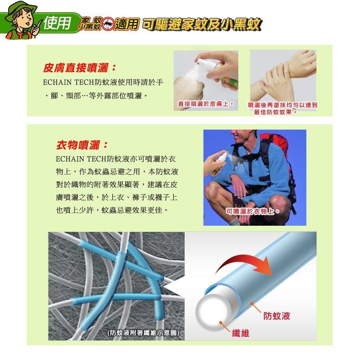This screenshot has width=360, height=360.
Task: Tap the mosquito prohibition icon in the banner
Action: [108, 24]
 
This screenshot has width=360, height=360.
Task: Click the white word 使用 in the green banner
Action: [57, 23]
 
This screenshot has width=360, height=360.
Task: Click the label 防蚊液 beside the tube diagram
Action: [276, 316]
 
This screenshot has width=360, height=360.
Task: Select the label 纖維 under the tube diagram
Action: [240, 333]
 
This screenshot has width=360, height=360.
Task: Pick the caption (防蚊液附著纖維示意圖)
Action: [143, 333]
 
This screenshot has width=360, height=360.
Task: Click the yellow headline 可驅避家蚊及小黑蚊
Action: [202, 24]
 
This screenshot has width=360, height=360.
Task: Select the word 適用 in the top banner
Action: [127, 24]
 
